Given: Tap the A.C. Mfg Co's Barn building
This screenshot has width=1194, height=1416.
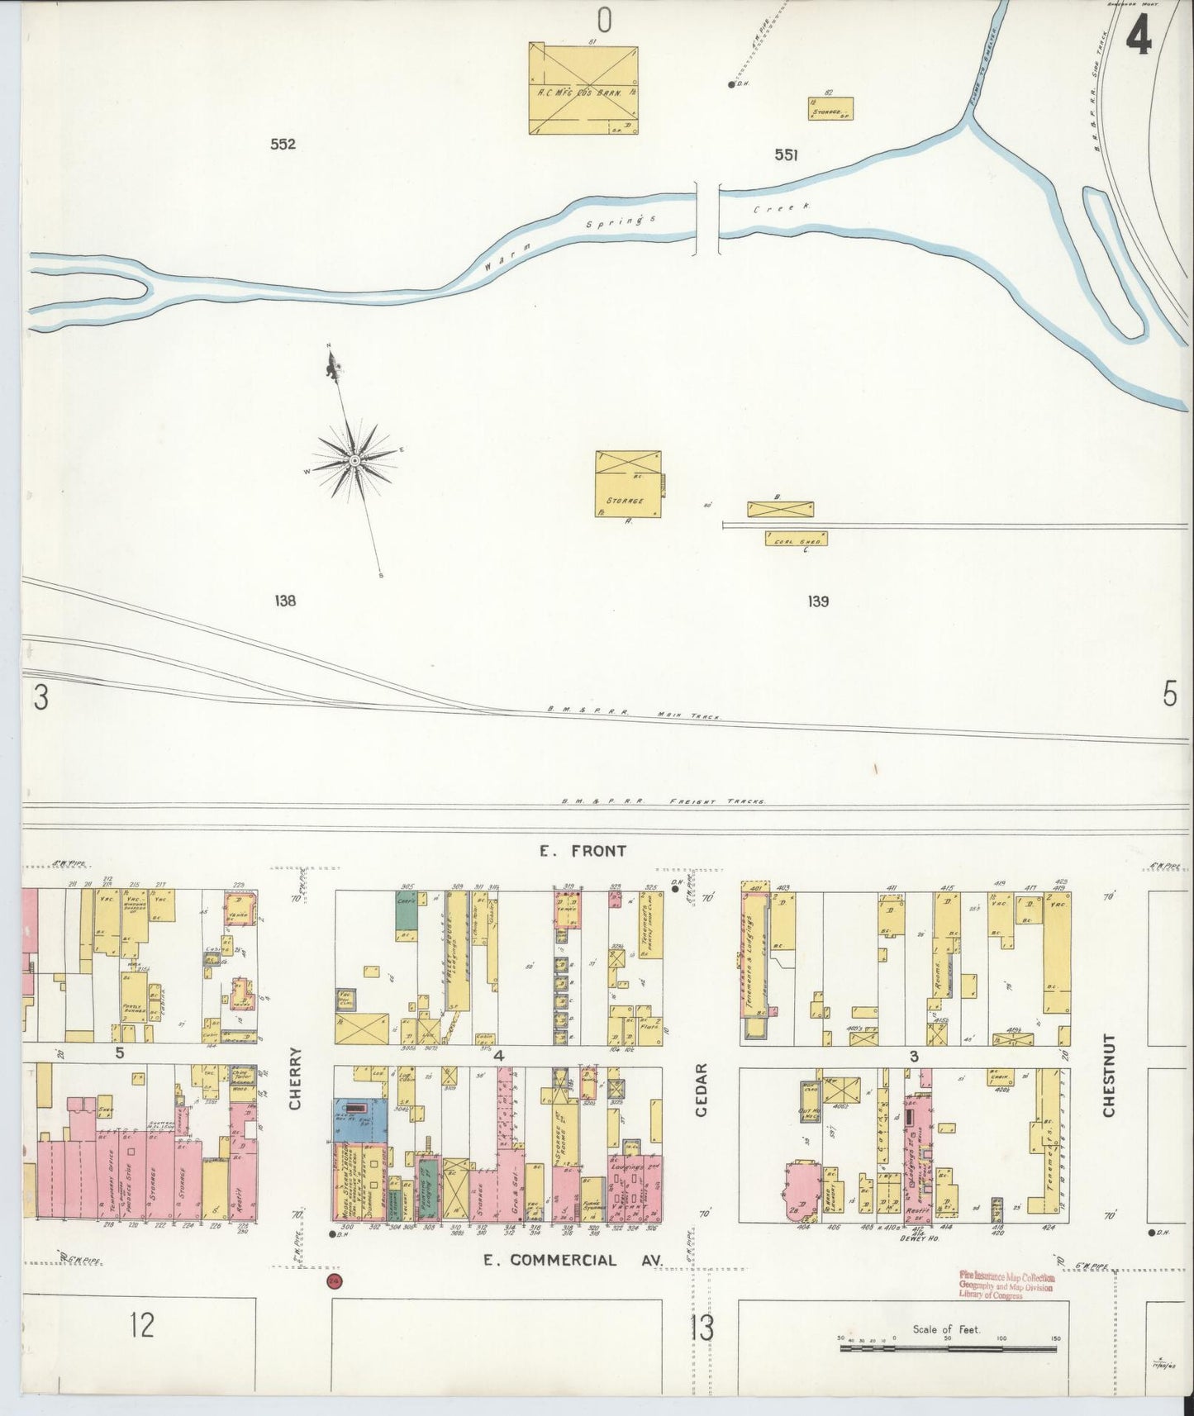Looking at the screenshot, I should (583, 89).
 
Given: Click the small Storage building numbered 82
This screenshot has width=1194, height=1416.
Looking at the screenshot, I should (830, 109).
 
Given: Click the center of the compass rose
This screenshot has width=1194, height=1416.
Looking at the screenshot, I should (354, 459).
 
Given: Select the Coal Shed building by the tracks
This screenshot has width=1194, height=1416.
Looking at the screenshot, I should (796, 538).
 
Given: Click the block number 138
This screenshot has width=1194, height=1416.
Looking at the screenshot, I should (285, 601).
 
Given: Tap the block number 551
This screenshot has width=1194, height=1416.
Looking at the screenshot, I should (786, 154).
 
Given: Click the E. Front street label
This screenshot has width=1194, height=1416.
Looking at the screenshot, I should (583, 850).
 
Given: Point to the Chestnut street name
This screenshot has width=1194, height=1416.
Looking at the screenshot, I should (1109, 1074).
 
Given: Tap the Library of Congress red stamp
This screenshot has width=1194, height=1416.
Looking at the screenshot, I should (1006, 1285).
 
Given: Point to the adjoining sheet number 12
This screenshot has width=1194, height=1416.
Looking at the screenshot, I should (142, 1326).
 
